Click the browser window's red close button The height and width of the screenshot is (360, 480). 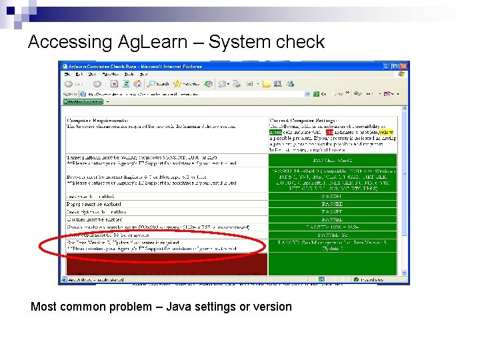click(x=404, y=65)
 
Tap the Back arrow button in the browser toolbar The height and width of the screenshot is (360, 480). click(x=69, y=84)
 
